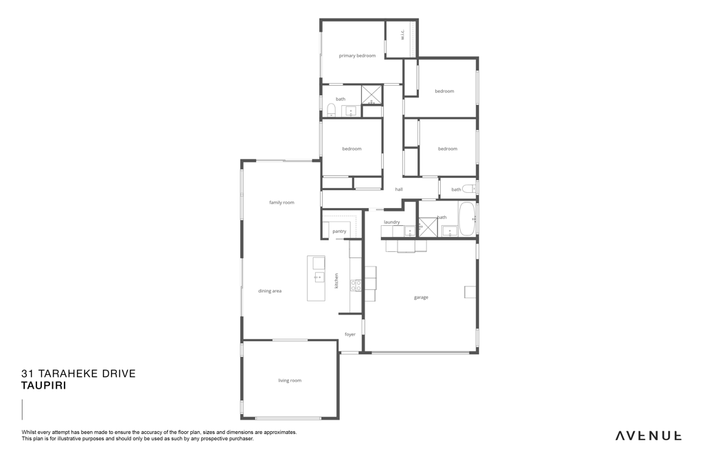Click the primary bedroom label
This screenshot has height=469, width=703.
pyautogui.click(x=357, y=56)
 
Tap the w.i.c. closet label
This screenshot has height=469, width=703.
pyautogui.click(x=402, y=34)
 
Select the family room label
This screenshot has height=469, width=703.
pyautogui.click(x=281, y=202)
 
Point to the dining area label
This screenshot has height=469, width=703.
pyautogui.click(x=269, y=291)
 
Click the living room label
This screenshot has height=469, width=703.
pyautogui.click(x=290, y=380)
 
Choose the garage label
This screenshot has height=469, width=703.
pyautogui.click(x=421, y=297)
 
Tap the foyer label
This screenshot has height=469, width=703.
pyautogui.click(x=350, y=334)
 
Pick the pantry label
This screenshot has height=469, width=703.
pyautogui.click(x=339, y=231)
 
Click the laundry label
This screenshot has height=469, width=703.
pyautogui.click(x=392, y=222)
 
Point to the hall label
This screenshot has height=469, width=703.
pyautogui.click(x=399, y=190)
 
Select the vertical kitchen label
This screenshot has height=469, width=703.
pyautogui.click(x=336, y=281)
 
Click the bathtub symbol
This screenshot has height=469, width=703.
pyautogui.click(x=467, y=219)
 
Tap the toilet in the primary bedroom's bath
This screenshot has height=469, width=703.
pyautogui.click(x=331, y=110)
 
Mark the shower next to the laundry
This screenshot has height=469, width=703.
pyautogui.click(x=428, y=227)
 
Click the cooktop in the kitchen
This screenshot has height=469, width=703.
pyautogui.click(x=356, y=285)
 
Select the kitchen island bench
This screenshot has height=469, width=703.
pyautogui.click(x=316, y=278)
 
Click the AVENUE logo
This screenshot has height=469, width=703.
pyautogui.click(x=648, y=436)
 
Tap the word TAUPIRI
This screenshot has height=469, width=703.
pyautogui.click(x=44, y=386)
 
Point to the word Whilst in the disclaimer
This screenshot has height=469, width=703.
pyautogui.click(x=29, y=432)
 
